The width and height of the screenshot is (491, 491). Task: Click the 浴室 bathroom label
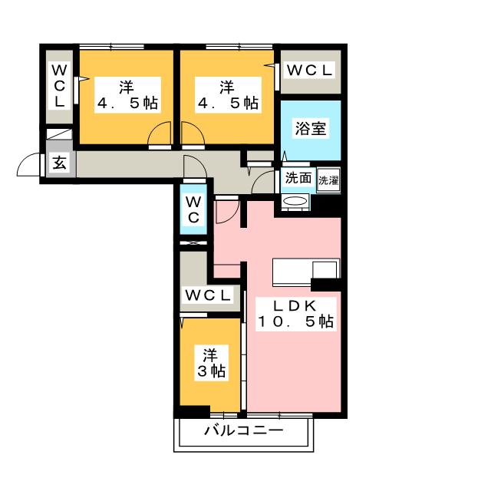[x=310, y=128]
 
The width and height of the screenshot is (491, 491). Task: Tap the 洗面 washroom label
[x=298, y=178]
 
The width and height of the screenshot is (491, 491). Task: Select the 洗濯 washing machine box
[x=328, y=180]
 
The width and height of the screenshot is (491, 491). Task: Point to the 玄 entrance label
[x=60, y=163]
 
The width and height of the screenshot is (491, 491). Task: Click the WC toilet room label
[x=193, y=209]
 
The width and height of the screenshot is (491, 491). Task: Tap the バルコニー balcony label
[x=244, y=430]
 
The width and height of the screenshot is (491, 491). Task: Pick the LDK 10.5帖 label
[x=295, y=314]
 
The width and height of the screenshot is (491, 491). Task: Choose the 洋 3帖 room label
[x=211, y=363]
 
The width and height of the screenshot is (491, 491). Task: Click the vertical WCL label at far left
[x=59, y=86]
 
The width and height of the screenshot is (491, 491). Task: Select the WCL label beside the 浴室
[x=309, y=71]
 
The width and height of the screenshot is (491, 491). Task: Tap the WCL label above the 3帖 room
[x=208, y=295]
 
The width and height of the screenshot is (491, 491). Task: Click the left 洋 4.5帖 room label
[x=127, y=95]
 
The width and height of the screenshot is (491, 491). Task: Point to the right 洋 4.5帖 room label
[x=228, y=95]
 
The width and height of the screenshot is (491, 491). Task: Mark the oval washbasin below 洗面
[x=294, y=201]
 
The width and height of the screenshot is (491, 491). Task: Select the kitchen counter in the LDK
[x=306, y=272]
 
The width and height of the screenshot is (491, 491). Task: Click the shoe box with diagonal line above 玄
[x=59, y=133]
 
